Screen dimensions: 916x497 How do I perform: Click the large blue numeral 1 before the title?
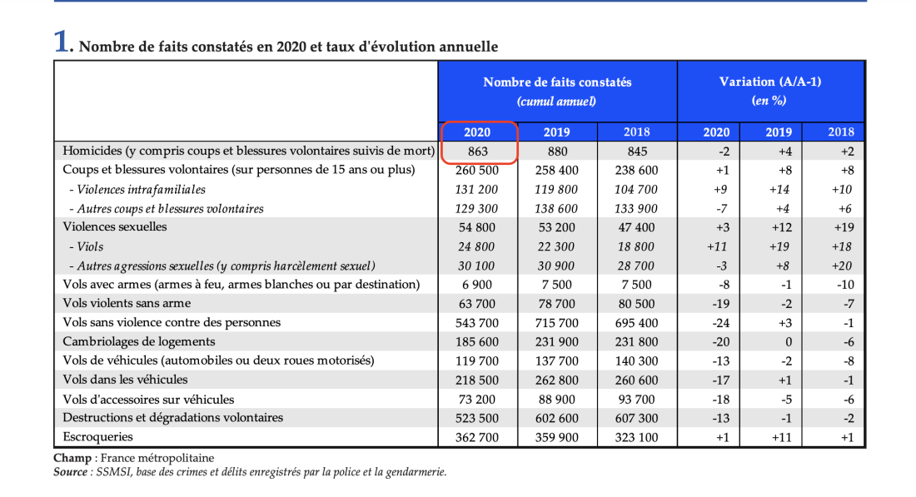(62, 42)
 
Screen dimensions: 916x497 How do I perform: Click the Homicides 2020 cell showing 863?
(478, 152)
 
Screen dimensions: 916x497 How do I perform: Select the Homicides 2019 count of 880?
(557, 152)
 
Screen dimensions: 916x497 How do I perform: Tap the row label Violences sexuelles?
(115, 226)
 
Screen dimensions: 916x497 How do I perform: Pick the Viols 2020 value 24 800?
(476, 246)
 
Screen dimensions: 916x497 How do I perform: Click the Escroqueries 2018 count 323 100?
(636, 437)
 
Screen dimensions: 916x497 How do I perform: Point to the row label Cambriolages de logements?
(138, 341)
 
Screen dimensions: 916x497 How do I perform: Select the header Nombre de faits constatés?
(557, 82)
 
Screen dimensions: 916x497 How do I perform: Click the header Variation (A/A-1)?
(770, 82)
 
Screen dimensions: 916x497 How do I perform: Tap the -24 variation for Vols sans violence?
(721, 323)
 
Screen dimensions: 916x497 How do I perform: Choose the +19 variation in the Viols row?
(779, 246)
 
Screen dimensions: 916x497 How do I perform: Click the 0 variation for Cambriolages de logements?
(789, 342)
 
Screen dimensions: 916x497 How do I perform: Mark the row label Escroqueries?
(97, 437)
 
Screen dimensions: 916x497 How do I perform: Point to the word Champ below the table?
(72, 458)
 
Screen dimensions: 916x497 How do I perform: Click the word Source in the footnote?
(70, 472)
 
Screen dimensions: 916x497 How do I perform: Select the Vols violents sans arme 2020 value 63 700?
(476, 304)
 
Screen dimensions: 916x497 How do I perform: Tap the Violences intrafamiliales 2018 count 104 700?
(636, 189)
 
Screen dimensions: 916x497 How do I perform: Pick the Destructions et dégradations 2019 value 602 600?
(557, 418)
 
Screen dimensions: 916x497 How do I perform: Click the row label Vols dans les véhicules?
(125, 380)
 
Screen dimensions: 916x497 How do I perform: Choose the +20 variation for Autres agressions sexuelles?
(842, 266)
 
